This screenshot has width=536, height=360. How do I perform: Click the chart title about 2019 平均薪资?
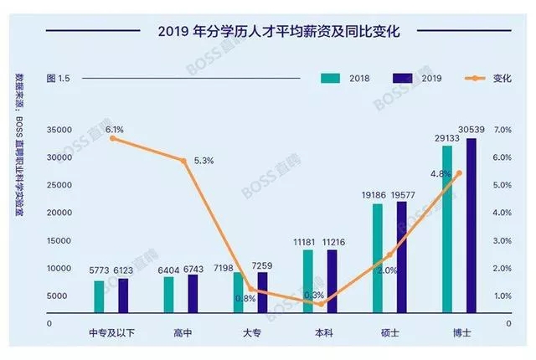(268, 32)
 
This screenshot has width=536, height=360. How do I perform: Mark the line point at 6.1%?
(112, 138)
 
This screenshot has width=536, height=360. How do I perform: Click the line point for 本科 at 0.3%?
(320, 304)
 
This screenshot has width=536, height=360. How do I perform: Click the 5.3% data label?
(204, 160)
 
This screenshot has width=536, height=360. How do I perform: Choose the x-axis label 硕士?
(389, 332)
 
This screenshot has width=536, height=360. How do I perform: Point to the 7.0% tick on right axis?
(502, 130)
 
